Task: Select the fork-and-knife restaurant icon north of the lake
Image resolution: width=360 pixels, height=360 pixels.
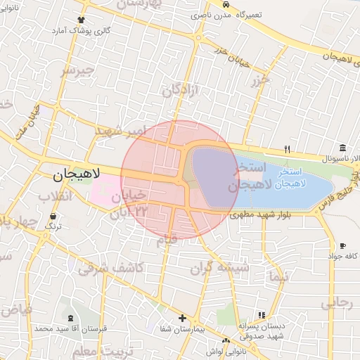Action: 287,149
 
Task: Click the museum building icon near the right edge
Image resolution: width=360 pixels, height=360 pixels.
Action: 342,147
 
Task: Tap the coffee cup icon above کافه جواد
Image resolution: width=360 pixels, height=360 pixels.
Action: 342,245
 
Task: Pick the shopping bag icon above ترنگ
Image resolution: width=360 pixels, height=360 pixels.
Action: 53,216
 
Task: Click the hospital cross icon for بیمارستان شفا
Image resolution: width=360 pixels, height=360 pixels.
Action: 182,318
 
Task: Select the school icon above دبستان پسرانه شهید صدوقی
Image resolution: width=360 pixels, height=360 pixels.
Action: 262,315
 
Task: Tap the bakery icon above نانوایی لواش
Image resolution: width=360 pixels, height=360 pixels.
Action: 226,341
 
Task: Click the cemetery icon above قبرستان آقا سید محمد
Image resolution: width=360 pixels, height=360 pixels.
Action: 63,318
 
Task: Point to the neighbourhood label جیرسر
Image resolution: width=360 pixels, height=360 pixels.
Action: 77,71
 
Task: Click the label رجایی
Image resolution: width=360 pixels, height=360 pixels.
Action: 336,303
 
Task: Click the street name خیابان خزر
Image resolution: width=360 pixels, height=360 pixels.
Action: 231,53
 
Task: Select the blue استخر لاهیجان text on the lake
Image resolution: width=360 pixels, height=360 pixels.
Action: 290,178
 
